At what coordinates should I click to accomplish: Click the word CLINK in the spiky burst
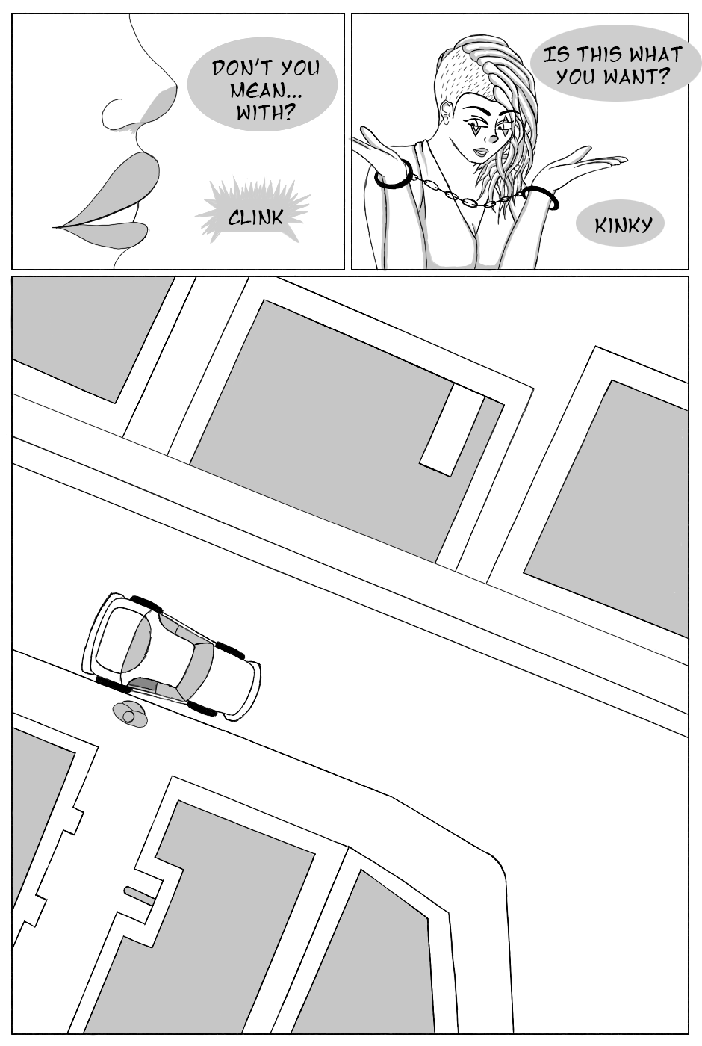click(x=255, y=217)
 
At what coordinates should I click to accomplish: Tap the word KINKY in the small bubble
click(x=623, y=226)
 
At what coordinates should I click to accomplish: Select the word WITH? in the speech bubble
click(x=264, y=112)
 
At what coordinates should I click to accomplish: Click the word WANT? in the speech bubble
click(x=636, y=76)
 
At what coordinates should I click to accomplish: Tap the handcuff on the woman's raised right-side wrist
click(x=541, y=196)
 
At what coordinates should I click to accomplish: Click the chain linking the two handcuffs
click(x=468, y=195)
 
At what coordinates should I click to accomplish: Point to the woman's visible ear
click(x=447, y=113)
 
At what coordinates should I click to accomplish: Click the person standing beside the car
click(x=130, y=714)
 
